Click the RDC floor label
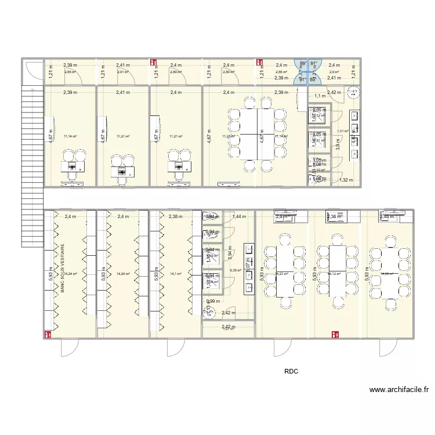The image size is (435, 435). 291,372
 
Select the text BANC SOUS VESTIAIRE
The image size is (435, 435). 62,267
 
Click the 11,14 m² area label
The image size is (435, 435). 70,136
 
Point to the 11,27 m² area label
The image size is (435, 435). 123,136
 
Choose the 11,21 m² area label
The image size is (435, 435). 176,136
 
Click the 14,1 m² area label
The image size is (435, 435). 176,274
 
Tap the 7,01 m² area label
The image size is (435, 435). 342,131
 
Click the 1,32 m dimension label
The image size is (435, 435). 346,180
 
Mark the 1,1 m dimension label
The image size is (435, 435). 320,96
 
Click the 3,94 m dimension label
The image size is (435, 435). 230,253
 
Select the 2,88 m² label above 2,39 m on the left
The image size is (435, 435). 69,72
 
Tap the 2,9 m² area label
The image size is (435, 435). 334,72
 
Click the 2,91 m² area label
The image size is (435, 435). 122,72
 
